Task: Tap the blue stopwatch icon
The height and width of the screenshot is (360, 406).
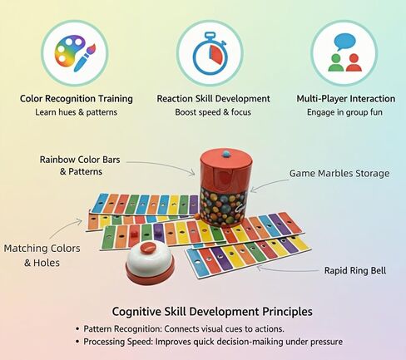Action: (210, 54)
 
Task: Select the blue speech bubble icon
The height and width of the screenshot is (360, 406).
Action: (344, 42)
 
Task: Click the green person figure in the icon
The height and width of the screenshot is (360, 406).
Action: (335, 63)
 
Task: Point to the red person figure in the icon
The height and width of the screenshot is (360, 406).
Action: (354, 63)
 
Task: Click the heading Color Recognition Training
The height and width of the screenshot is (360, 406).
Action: (77, 99)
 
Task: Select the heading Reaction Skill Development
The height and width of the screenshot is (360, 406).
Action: (213, 99)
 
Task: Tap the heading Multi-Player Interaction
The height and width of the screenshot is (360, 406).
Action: (346, 99)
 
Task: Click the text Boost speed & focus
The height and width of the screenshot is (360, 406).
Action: (213, 112)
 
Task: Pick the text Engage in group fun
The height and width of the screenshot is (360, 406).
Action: (344, 112)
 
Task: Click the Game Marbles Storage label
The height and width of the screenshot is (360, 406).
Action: (339, 174)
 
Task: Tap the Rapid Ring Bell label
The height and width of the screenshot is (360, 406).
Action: (355, 270)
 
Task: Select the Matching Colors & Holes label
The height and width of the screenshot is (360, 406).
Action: (42, 255)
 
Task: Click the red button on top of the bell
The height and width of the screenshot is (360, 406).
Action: (148, 247)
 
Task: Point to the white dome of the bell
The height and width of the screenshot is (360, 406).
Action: (150, 259)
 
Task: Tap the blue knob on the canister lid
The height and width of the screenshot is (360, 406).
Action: (227, 153)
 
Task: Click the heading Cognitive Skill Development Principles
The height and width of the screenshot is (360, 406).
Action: (212, 312)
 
